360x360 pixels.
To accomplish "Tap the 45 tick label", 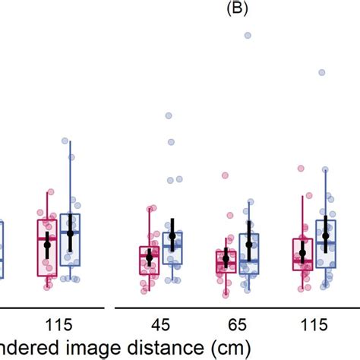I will tap(160, 325).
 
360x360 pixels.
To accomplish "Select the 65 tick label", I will tap(236, 325).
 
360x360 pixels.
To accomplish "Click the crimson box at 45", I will tap(149, 261).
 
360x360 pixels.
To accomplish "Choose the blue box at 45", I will tap(172, 249).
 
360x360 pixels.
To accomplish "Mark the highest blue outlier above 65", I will tap(247, 35).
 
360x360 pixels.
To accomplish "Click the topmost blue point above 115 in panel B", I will tap(321, 72).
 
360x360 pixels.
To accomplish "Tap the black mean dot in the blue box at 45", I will tap(172, 236).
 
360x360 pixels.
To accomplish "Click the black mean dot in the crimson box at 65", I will tap(226, 260).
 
